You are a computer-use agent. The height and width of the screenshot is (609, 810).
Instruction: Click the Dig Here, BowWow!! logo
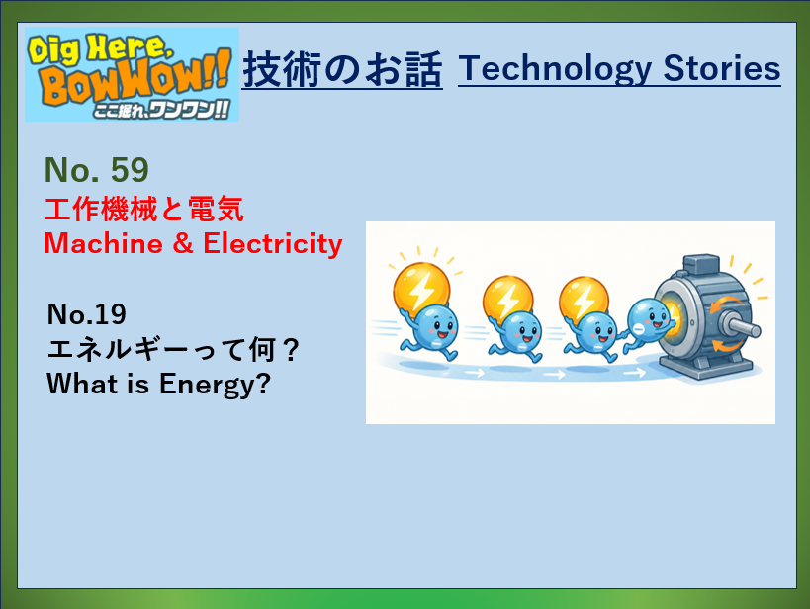(132, 74)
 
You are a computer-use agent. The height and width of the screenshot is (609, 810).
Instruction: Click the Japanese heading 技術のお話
(342, 69)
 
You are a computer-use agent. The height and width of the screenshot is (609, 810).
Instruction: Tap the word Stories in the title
(722, 68)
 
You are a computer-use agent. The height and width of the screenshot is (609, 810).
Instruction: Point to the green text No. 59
(97, 169)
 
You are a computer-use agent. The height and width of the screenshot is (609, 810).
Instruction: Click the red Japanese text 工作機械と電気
(144, 210)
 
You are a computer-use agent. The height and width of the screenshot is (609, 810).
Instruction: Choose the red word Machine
(103, 243)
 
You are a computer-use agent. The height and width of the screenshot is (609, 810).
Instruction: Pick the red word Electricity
(273, 243)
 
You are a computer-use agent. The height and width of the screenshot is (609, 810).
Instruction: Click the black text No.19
(86, 314)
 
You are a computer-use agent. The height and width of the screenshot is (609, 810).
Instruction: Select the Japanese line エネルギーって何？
(173, 350)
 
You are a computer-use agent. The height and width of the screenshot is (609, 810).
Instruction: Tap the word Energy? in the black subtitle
(215, 385)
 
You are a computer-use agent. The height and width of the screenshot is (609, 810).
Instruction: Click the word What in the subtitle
(82, 384)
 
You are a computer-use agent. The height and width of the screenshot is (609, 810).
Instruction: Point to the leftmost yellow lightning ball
(421, 289)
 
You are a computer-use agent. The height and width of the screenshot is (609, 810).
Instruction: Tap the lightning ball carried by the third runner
(585, 300)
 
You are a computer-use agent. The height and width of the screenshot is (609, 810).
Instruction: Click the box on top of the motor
(700, 263)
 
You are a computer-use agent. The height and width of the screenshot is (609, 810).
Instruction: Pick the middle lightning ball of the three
(507, 299)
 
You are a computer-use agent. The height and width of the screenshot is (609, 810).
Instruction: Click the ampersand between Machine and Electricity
(183, 243)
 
